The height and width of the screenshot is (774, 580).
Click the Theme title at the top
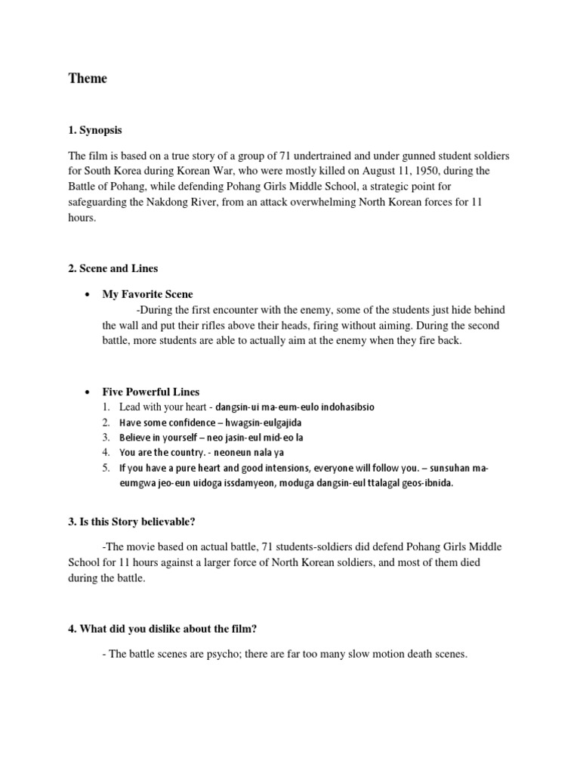click(88, 79)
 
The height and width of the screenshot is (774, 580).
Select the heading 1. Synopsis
click(96, 130)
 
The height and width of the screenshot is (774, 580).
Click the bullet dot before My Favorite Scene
click(89, 294)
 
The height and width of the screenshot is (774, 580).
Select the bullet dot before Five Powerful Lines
click(89, 392)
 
